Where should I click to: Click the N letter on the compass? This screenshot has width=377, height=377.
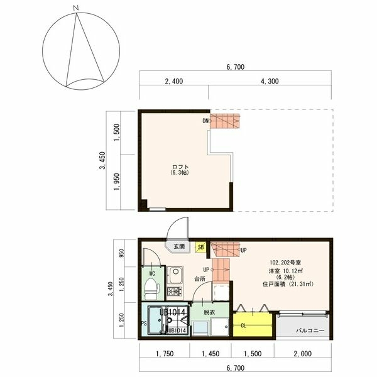pyautogui.click(x=75, y=8)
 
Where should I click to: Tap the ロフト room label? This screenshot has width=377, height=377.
pyautogui.click(x=180, y=167)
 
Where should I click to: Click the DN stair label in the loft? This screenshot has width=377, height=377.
pyautogui.click(x=205, y=120)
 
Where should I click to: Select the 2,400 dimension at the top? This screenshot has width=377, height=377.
pyautogui.click(x=174, y=81)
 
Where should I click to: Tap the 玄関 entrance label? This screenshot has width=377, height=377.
pyautogui.click(x=179, y=247)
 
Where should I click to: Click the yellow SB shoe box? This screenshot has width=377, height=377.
pyautogui.click(x=200, y=248)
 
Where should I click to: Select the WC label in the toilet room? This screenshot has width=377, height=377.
pyautogui.click(x=152, y=274)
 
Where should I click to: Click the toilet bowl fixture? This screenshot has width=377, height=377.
pyautogui.click(x=151, y=290)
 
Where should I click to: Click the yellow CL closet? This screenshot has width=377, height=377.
pyautogui.click(x=253, y=325)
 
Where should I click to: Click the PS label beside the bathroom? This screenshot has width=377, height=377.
pyautogui.click(x=144, y=324)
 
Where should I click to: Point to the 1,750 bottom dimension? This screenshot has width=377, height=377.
pyautogui.click(x=164, y=354)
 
